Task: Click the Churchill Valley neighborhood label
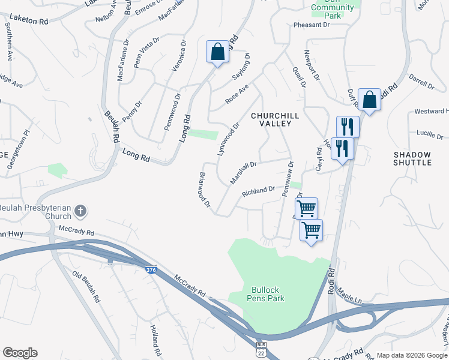tap(271, 119)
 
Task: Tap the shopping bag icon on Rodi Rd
tap(369, 100)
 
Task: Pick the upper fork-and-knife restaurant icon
tap(348, 127)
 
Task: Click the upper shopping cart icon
tap(306, 209)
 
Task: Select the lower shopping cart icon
tap(311, 230)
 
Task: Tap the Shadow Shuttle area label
tap(412, 158)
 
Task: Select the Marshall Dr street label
tap(244, 172)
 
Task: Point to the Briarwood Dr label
tap(205, 191)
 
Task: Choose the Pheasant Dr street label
tap(312, 25)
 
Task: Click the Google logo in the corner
tap(20, 353)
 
